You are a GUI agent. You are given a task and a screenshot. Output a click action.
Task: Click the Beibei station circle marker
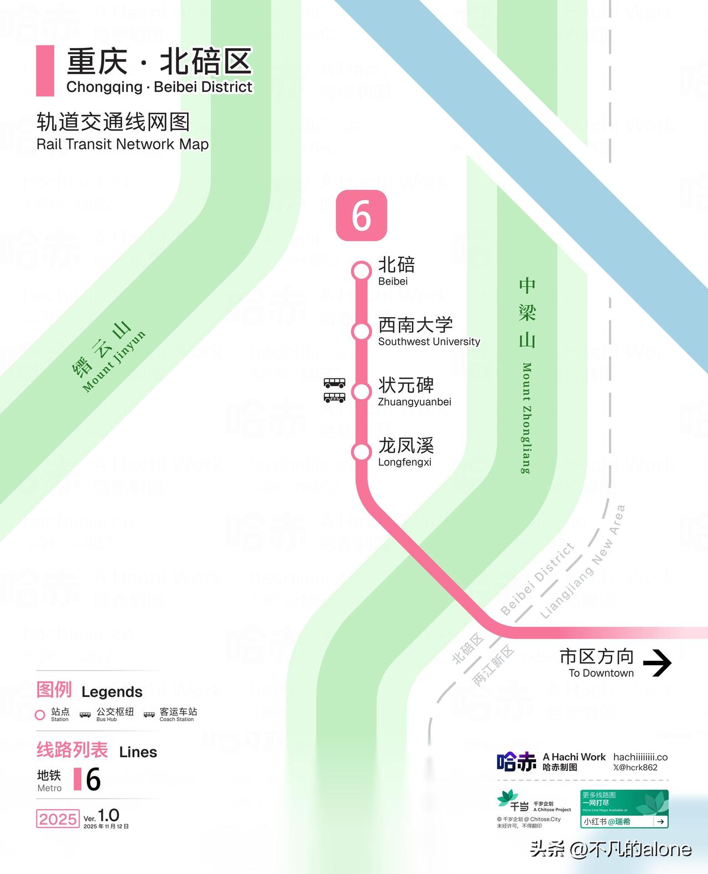click(361, 271)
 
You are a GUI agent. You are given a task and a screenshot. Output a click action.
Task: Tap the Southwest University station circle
click(361, 332)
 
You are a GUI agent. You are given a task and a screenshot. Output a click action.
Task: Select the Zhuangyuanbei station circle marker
click(361, 392)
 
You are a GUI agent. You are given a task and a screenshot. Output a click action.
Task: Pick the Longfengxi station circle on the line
click(361, 452)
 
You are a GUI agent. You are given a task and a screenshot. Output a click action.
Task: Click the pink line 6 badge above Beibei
click(361, 215)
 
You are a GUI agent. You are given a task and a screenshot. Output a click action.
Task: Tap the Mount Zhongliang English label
click(527, 418)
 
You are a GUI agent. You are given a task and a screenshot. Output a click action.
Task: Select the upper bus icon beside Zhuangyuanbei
click(334, 382)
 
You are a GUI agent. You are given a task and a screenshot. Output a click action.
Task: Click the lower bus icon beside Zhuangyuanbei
click(334, 397)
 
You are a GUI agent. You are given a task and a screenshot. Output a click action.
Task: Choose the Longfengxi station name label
click(405, 452)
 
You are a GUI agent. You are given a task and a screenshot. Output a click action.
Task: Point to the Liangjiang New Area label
click(582, 562)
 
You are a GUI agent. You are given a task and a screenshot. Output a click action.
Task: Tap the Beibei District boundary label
click(537, 579)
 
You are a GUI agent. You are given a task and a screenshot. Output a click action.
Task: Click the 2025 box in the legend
click(58, 819)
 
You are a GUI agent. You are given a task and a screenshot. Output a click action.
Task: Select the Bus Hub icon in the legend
click(85, 715)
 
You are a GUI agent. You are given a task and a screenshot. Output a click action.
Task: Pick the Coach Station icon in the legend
click(149, 715)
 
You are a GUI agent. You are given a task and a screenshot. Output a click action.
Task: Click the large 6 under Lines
click(93, 779)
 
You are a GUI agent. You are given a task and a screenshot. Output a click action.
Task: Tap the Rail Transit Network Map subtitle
click(122, 144)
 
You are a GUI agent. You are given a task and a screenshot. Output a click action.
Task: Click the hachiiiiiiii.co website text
click(640, 757)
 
